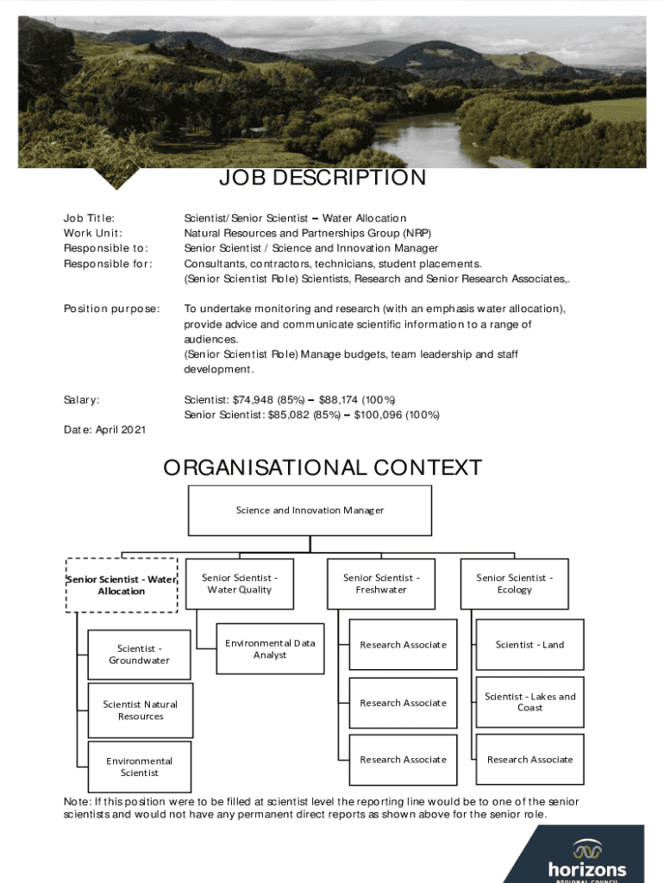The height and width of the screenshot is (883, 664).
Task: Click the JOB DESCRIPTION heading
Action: pos(322,178)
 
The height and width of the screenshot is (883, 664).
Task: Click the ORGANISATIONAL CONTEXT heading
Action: pos(322,468)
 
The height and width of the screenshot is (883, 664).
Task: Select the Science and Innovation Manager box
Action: pos(310,510)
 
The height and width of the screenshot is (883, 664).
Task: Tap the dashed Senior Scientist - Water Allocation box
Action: pos(122,586)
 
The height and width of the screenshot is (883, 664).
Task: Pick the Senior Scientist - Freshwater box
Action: pos(381,584)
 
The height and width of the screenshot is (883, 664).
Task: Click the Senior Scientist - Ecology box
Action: pos(514,584)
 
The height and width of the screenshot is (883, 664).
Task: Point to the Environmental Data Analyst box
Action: pos(270,648)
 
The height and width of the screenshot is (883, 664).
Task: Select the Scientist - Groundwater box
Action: pos(139,654)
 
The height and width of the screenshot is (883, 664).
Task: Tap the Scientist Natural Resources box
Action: pos(141,711)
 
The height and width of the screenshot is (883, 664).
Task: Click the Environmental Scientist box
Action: pos(139,767)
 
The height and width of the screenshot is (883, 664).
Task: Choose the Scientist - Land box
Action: pos(529,644)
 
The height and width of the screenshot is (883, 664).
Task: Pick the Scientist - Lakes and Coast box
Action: pos(529,702)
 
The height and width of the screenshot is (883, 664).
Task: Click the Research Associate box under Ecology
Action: pos(529,760)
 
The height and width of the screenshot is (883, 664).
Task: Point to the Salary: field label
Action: pos(82,400)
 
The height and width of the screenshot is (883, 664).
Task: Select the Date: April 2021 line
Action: pos(104,429)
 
